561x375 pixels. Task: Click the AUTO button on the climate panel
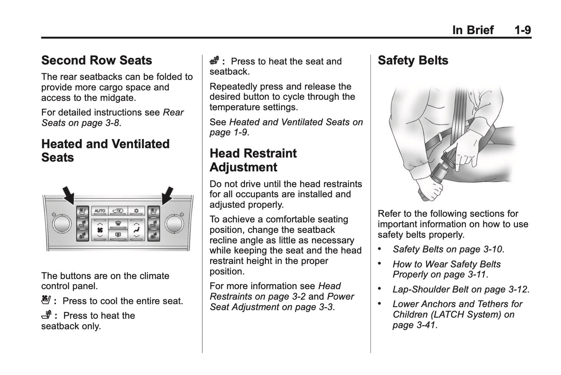coord(100,211)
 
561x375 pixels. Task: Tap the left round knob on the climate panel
coord(62,224)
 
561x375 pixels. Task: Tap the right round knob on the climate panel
coord(174,224)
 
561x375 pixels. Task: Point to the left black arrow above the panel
coord(69,195)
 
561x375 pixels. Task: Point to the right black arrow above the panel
coord(167,195)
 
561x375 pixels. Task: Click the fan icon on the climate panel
coord(100,230)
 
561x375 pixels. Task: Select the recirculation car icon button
coord(118,211)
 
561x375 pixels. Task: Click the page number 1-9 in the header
coord(522,30)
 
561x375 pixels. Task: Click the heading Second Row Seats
coord(97,61)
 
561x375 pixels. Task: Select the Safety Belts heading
coord(413,61)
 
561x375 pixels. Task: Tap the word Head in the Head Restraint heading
coord(226,153)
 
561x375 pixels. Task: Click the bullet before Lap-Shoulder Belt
coord(380,289)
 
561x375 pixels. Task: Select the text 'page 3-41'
coord(413,325)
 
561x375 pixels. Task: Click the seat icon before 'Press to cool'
coord(46,300)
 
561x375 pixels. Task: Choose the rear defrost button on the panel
coord(118,234)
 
